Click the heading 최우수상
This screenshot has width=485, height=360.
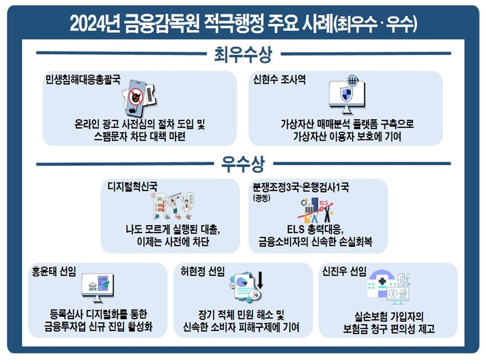(243, 54)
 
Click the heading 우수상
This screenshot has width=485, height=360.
(243, 164)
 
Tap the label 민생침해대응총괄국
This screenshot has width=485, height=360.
(83, 80)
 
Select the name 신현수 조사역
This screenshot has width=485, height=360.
(279, 80)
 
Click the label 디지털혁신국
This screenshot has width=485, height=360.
(132, 186)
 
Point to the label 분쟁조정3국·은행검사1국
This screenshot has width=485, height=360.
(301, 187)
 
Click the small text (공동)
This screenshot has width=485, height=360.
(262, 198)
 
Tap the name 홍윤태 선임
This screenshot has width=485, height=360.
(54, 271)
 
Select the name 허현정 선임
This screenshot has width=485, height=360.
(203, 271)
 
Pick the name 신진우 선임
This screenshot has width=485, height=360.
(344, 271)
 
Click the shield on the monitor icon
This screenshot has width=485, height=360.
(346, 94)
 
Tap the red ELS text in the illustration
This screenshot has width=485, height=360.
(324, 203)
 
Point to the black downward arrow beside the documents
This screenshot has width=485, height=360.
(260, 280)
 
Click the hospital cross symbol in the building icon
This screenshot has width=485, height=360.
(382, 281)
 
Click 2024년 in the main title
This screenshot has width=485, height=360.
(95, 23)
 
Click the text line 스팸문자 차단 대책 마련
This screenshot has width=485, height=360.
(140, 136)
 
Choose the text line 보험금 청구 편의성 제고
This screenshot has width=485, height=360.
(389, 329)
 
